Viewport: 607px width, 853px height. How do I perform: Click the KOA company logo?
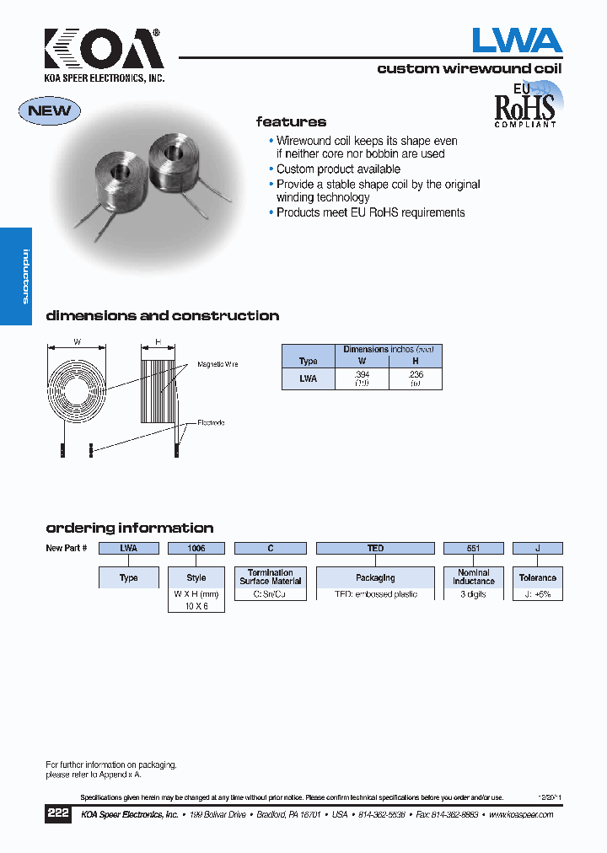pos(103,51)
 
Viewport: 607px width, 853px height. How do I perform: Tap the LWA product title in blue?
pos(516,40)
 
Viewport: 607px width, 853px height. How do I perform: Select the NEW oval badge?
pos(50,110)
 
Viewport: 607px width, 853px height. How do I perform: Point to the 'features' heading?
pos(291,122)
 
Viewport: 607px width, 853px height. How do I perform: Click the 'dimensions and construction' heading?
pos(162,316)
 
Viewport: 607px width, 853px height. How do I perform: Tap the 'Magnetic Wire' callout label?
pos(218,364)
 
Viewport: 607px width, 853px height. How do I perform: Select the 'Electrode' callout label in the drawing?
pos(211,422)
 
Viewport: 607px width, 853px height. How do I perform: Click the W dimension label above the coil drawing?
pos(77,342)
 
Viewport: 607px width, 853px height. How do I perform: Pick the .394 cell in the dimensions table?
pos(362,378)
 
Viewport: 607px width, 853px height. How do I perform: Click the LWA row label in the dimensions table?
pos(308,378)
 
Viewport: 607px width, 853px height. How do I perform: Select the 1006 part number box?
pos(196,548)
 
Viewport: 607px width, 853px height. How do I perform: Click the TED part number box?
pos(375,548)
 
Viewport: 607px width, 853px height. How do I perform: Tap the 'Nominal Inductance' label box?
pos(473,577)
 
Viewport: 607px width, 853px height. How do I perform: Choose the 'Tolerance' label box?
pos(537,577)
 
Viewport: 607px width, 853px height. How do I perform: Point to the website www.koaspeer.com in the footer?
pos(520,815)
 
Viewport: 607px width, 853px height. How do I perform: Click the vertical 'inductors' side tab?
pos(25,276)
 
